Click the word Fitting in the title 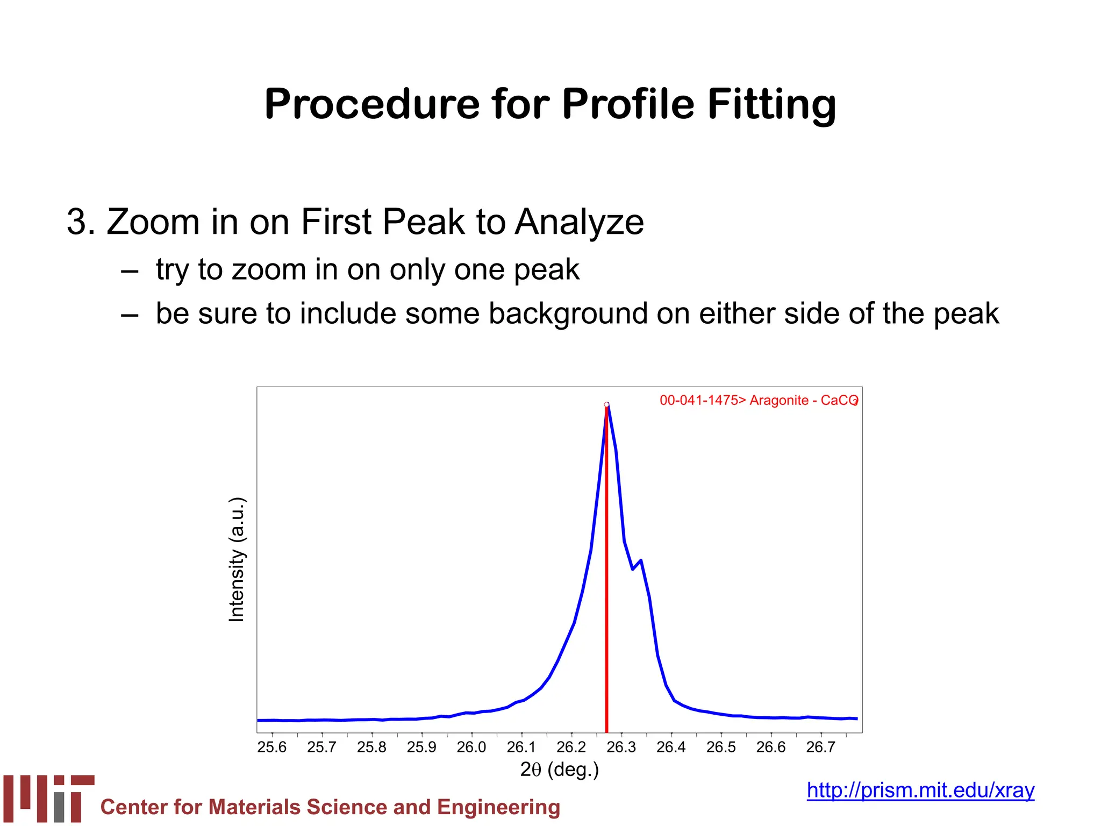click(x=771, y=105)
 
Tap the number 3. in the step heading click(x=81, y=222)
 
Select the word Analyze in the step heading click(x=579, y=222)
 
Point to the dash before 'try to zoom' click(x=130, y=271)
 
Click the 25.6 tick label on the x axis click(x=272, y=747)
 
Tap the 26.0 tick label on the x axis click(x=471, y=747)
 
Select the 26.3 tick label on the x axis click(x=621, y=747)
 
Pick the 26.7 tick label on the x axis click(x=820, y=747)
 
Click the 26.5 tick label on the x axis click(x=721, y=747)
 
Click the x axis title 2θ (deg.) click(x=559, y=770)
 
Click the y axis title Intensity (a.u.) click(x=237, y=560)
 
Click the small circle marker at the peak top click(x=606, y=404)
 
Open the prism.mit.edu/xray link click(x=920, y=791)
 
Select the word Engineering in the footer click(x=498, y=808)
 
